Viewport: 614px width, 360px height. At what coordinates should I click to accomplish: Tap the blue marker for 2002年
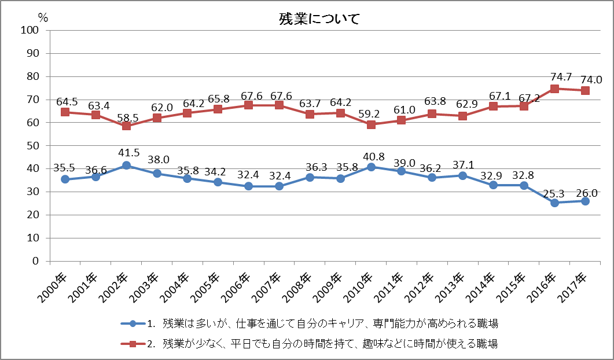126,166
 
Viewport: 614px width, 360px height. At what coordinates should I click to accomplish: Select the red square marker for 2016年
554,89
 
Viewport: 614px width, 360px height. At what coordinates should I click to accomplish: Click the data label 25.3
554,190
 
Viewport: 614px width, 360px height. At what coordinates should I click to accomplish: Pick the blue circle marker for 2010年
371,167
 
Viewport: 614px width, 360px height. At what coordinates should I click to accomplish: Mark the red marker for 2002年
126,126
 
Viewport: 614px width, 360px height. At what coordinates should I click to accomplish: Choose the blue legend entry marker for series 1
133,323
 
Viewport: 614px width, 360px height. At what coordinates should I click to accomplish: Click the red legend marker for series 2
133,344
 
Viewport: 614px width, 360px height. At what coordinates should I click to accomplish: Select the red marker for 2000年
65,112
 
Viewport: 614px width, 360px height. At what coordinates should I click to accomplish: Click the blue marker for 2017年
585,201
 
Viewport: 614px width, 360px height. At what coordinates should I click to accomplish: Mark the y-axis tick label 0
35,261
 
